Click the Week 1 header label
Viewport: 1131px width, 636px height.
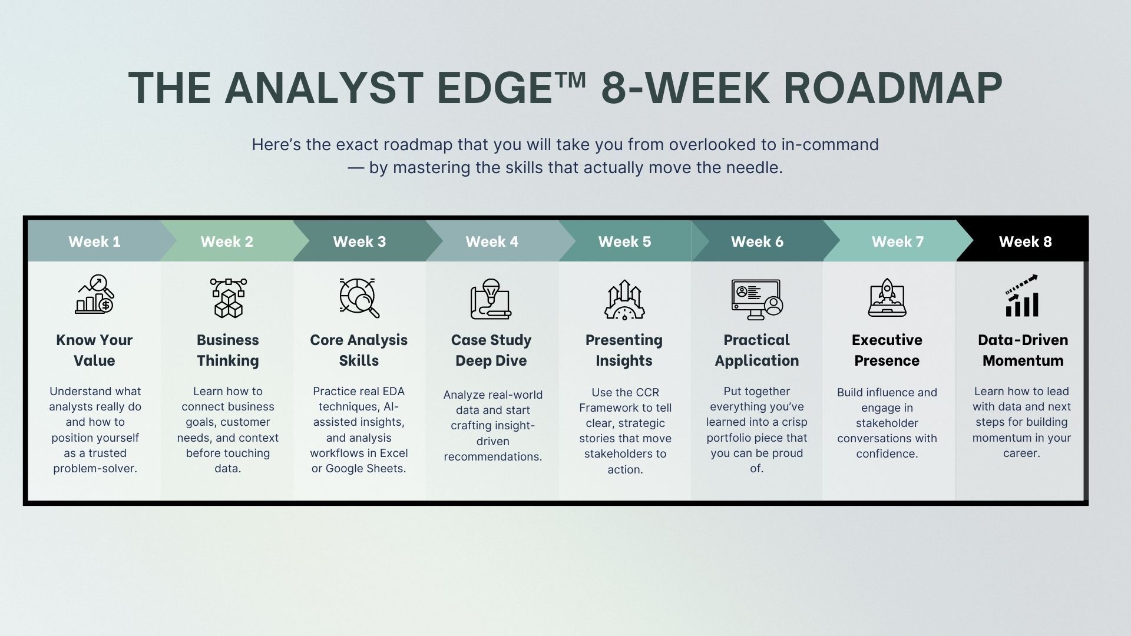click(94, 241)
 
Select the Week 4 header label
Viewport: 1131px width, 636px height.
click(492, 241)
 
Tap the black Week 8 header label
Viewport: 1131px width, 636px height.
click(1025, 241)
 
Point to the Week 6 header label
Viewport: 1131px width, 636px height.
click(757, 241)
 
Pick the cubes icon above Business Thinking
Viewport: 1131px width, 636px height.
click(228, 298)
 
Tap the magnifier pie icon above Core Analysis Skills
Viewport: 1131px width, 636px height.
click(359, 298)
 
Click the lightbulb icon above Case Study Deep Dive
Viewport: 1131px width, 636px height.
click(491, 299)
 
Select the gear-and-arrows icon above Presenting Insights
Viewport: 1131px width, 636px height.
click(624, 300)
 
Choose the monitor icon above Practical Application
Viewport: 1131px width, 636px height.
click(757, 299)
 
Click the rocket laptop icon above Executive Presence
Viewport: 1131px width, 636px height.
click(887, 298)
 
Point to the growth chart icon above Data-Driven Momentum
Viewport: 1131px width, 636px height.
click(1022, 296)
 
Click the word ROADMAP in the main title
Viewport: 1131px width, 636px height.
click(893, 88)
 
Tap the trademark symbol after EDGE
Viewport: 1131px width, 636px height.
click(570, 78)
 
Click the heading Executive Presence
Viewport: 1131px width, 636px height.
click(887, 350)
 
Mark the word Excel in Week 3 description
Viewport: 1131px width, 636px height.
click(393, 453)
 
